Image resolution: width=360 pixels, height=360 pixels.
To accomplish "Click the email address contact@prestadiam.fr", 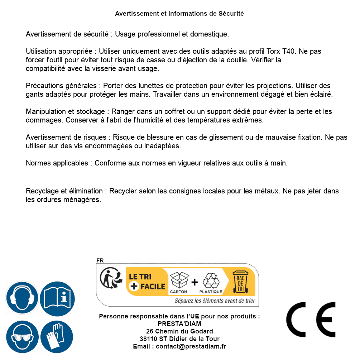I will (191, 346).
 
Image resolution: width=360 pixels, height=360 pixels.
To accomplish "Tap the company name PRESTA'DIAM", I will (179, 324).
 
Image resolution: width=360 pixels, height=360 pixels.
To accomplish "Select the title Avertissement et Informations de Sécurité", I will (179, 14).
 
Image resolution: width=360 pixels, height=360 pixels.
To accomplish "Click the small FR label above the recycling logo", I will (100, 260).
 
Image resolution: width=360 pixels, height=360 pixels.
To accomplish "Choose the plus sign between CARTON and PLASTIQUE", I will (195, 282).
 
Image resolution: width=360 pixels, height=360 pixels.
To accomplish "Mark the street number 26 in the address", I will (150, 331).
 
